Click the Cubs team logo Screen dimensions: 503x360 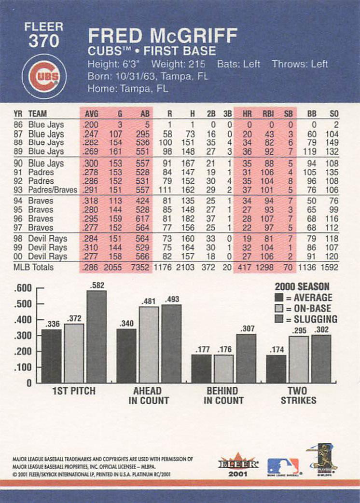(x=44, y=76)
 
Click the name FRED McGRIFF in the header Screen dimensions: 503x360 (x=163, y=37)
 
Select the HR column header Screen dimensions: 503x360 (x=247, y=114)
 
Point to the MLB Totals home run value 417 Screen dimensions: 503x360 (x=245, y=267)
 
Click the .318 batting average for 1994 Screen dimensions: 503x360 (x=90, y=201)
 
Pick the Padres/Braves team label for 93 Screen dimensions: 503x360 (x=53, y=190)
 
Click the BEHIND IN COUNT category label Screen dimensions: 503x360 (x=222, y=395)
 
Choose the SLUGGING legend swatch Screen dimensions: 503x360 (x=279, y=319)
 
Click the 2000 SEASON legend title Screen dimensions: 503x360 (x=302, y=286)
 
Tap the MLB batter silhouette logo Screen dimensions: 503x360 (x=283, y=466)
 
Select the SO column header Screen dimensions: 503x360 (x=334, y=114)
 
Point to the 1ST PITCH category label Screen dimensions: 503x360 (x=74, y=391)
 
